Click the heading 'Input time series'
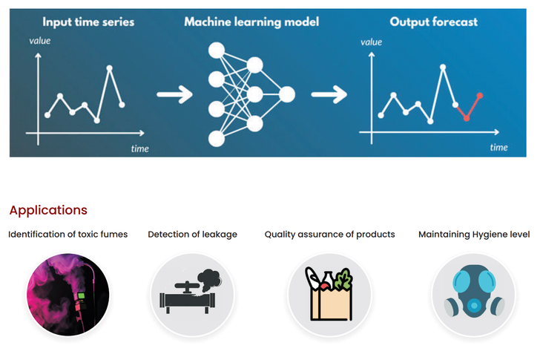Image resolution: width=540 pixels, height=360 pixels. coord(88,22)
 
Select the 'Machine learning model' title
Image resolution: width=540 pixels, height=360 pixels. coord(252,22)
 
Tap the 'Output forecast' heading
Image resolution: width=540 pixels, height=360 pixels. coord(435,22)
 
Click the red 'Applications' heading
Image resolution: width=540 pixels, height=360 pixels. coord(48,210)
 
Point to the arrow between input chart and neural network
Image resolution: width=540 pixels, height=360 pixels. coord(175,94)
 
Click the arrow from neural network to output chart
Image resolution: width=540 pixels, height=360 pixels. coord(329,94)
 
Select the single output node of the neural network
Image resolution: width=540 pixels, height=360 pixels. coord(286,94)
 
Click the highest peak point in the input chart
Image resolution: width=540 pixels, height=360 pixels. coord(110,68)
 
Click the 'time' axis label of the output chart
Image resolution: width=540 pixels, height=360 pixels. coord(498,147)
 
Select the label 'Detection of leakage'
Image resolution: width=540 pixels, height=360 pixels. coord(193,235)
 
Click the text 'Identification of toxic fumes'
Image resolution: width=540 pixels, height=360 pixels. coord(68,235)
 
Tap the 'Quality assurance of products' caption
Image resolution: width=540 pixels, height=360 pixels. coord(330,235)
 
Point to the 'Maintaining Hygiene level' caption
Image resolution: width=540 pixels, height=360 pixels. coord(474,235)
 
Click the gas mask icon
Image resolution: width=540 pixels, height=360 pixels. coord(474,294)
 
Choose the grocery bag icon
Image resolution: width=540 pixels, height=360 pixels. coord(330,294)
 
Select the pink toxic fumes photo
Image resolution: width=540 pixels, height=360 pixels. coord(68,294)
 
